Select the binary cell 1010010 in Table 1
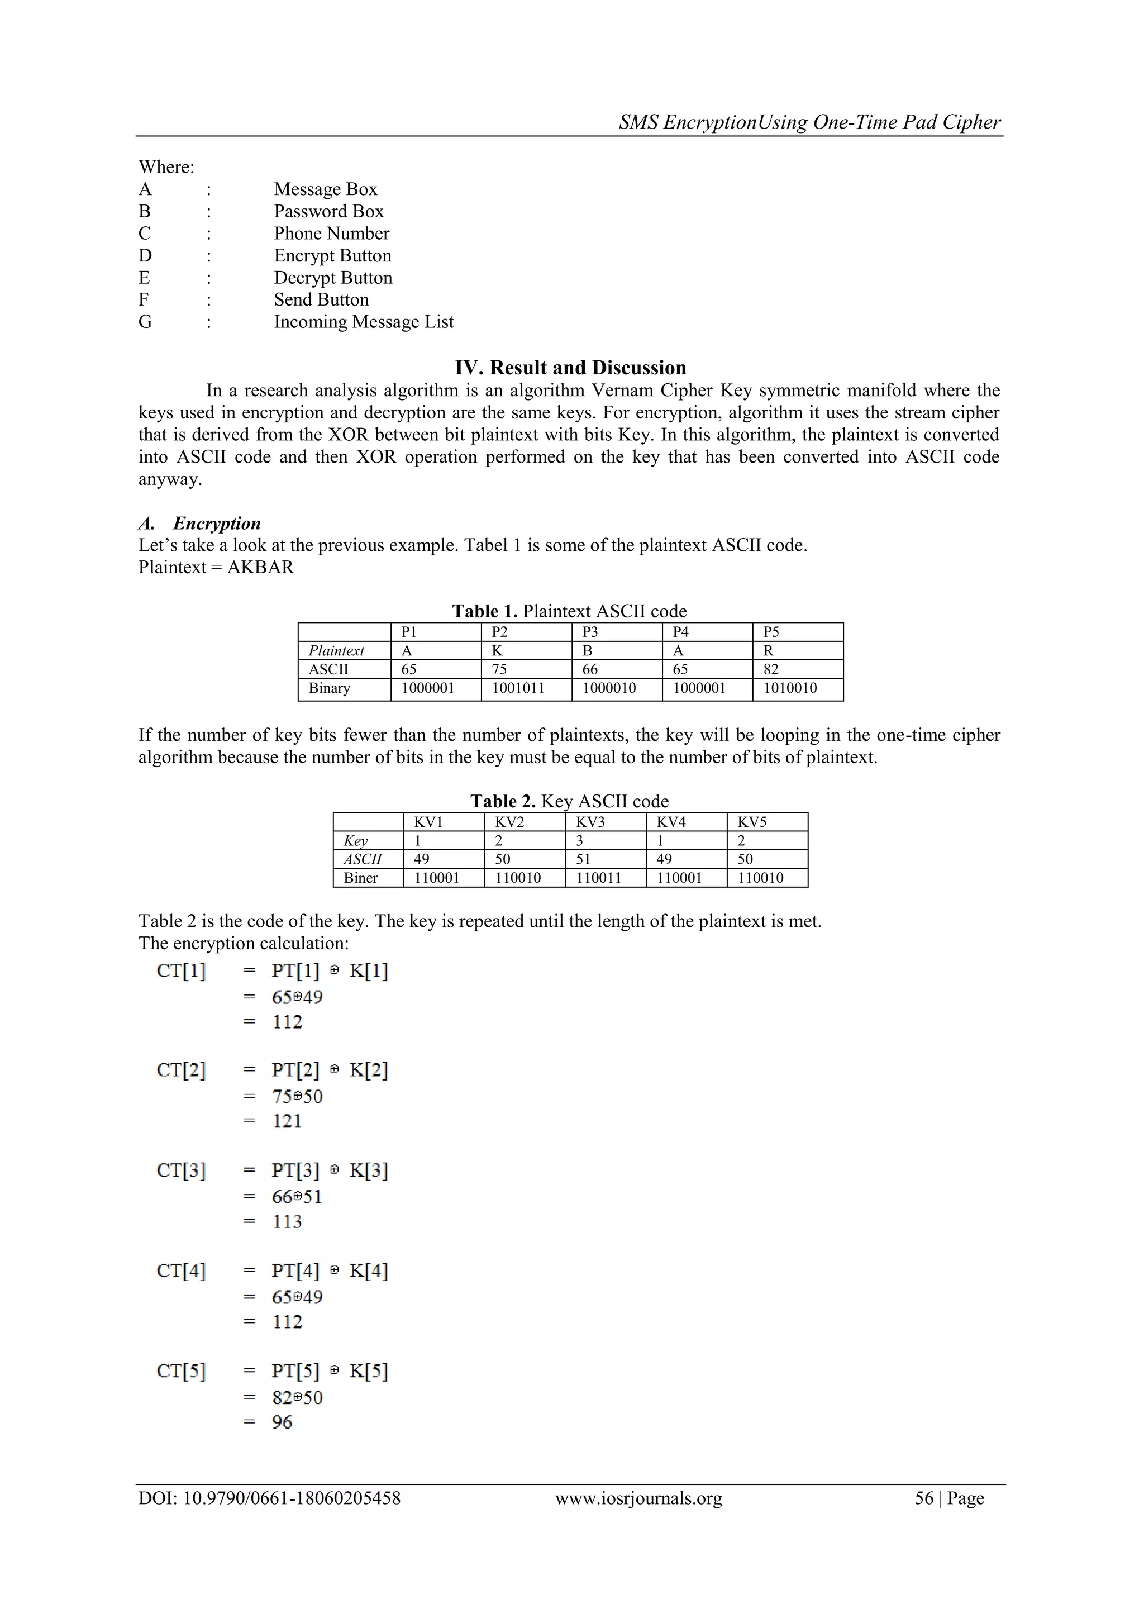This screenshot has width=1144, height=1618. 790,688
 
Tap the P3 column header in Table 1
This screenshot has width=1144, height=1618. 590,631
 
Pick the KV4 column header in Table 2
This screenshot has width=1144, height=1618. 671,822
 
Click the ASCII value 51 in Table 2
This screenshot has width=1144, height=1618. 583,859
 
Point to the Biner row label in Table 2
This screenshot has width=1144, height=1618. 361,878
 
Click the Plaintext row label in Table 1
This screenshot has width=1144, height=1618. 336,650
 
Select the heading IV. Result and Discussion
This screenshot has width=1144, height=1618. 570,367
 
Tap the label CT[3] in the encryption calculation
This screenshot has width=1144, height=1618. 181,1170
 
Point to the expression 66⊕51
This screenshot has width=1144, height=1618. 297,1197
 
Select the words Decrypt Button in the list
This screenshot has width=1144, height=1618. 332,278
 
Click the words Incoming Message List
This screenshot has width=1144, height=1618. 364,322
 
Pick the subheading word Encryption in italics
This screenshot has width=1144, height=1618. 216,523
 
